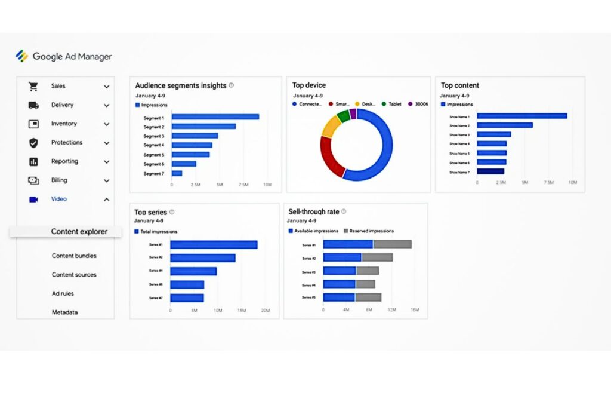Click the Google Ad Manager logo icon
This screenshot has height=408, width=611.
click(x=21, y=56)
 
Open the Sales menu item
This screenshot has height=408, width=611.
click(x=58, y=86)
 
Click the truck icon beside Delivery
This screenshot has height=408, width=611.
click(x=33, y=105)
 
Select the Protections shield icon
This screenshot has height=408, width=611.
click(x=33, y=143)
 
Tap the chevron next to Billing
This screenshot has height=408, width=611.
click(x=106, y=180)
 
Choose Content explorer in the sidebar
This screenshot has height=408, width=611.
click(x=79, y=232)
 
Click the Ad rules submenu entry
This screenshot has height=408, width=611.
click(x=63, y=294)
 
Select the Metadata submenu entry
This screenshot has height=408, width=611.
click(x=64, y=312)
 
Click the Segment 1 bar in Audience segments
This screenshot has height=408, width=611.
click(x=215, y=117)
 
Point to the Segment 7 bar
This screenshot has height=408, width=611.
click(x=177, y=173)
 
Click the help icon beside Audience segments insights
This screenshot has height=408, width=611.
click(x=231, y=85)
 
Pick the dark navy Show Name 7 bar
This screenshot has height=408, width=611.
click(x=490, y=171)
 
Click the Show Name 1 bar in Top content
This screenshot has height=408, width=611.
click(x=521, y=116)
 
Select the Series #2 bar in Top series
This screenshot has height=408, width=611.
click(x=203, y=258)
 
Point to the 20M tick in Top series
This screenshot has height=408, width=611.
click(x=266, y=311)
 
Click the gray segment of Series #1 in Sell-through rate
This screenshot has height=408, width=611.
click(x=392, y=244)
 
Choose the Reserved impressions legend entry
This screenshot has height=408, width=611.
click(x=371, y=231)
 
